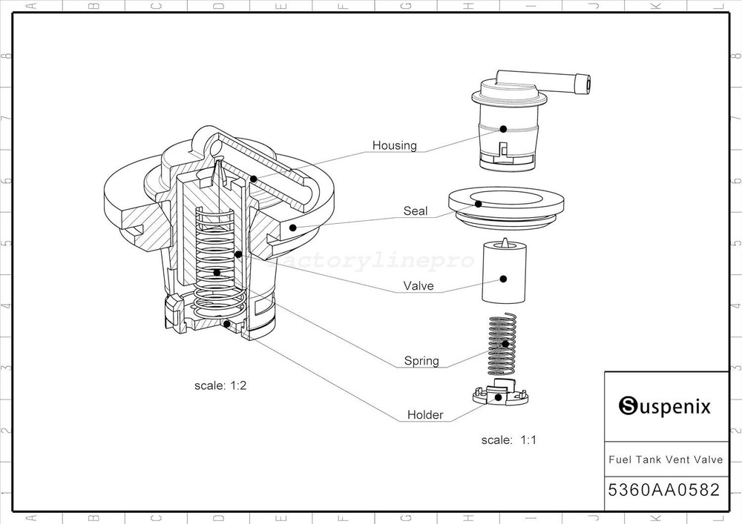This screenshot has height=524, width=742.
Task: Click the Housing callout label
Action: [394, 145]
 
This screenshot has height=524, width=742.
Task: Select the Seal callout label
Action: [416, 211]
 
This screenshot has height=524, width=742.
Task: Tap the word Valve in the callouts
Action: [418, 285]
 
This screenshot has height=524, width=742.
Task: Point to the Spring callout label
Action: [421, 361]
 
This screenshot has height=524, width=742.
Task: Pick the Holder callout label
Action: [425, 415]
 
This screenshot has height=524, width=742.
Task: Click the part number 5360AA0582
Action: [664, 490]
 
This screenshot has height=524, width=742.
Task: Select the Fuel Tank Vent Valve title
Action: [666, 460]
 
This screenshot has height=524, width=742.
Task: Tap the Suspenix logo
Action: [665, 406]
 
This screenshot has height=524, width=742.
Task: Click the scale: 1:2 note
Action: [220, 385]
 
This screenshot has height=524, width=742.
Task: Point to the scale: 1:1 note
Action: [509, 440]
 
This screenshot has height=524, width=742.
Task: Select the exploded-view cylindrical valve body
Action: [503, 274]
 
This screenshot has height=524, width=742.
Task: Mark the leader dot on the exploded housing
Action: [502, 129]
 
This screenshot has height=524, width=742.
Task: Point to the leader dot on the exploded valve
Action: [503, 279]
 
